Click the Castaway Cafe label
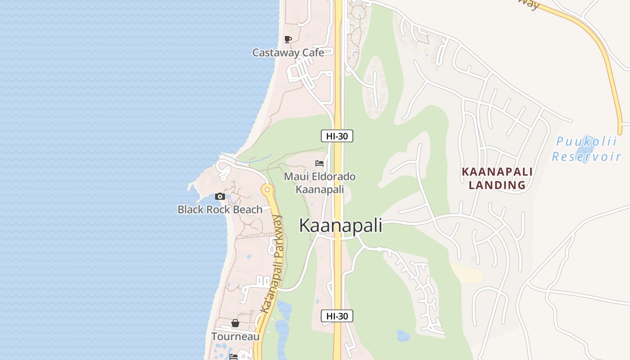coord(288,53)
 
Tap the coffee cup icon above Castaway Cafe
coord(288,40)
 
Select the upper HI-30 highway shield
coord(337,136)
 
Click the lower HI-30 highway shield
coord(337,316)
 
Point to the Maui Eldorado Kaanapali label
coord(319,183)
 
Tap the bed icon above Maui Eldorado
coord(319,163)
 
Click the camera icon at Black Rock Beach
coord(220,196)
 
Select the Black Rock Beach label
coord(220,209)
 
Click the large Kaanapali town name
coord(341,225)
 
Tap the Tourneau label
coord(235,336)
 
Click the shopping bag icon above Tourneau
coord(235,323)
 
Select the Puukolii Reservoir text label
coord(587,149)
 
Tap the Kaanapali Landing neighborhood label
coord(497,178)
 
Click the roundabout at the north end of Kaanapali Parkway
coord(267,189)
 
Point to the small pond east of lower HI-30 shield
coord(403,335)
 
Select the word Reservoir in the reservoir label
coord(586,157)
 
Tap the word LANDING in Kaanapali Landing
coord(497,185)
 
